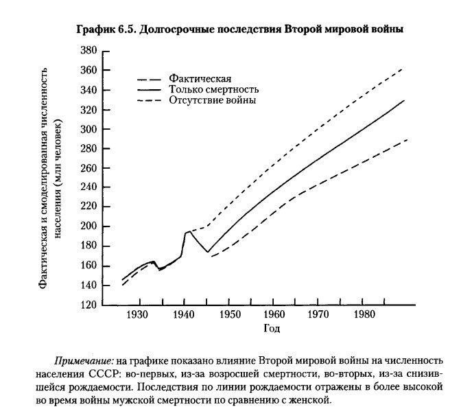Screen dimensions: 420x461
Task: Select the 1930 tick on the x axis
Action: point(139,315)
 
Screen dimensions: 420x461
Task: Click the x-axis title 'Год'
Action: point(272,328)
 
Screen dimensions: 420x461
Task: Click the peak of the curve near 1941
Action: point(188,232)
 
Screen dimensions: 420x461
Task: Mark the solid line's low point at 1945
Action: point(207,252)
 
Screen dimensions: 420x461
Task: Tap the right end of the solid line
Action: point(405,100)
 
